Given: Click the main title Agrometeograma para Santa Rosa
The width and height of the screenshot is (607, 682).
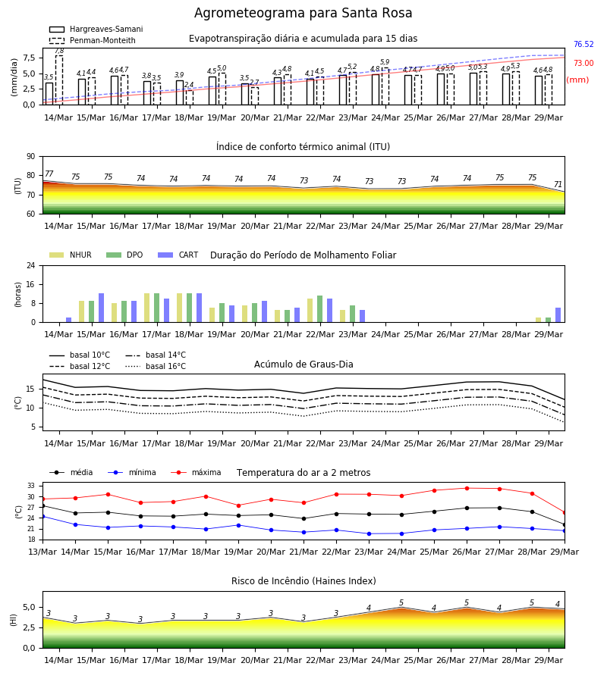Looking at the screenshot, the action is coord(303,13).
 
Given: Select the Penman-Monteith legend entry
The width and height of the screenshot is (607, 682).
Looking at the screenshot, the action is coord(93,40).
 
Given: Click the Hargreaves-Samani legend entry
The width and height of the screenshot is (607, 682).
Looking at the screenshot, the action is coord(96,29).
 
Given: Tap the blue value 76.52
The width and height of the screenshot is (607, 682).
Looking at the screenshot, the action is coord(583,45).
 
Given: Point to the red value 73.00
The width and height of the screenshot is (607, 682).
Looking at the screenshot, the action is coord(583,63).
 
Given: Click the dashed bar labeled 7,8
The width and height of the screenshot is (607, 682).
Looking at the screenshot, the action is coord(59,80).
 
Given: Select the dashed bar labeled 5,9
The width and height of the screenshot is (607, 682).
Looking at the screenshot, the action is coord(385,86).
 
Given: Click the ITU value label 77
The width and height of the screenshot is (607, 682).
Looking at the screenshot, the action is coord(49,174).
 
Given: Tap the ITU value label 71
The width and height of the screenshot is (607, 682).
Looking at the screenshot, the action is coord(558,184).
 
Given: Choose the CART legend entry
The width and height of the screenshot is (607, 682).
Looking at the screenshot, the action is coord(178,255).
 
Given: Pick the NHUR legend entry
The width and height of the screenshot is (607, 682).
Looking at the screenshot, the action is coord(71,255).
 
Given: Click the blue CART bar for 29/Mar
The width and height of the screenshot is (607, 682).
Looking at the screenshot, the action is coord(558,315).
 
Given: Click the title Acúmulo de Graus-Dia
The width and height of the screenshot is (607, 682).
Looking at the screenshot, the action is coord(303,364).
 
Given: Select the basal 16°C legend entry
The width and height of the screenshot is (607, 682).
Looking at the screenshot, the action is coord(156,366).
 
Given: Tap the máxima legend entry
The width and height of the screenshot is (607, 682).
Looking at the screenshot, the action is coord(196,472).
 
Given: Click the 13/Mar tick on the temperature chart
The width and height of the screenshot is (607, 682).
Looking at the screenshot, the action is coord(42,552).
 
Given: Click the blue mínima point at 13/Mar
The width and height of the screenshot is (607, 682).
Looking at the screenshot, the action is coord(42,516).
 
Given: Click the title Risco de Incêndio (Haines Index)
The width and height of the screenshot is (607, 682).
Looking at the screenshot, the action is coord(303,581).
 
